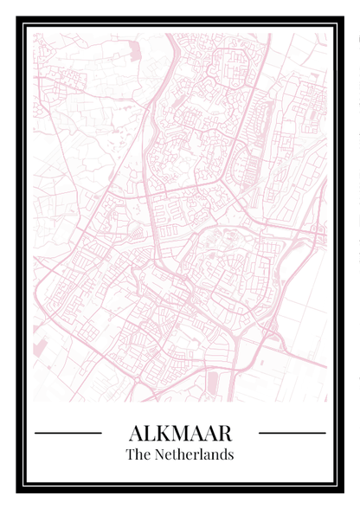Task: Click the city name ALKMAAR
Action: pos(180,432)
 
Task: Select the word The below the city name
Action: pos(137,454)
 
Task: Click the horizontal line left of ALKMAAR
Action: pos(68,432)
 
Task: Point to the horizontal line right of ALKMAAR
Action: pos(292,432)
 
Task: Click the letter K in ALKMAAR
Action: pos(162,432)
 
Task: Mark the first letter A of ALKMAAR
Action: pos(134,432)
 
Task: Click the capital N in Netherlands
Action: pos(157,454)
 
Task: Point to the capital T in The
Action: pos(130,454)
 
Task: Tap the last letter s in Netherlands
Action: pos(231,454)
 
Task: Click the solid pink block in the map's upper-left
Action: pos(134,51)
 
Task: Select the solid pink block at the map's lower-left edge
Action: pos(39,347)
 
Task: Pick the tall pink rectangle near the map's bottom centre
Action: pos(213,381)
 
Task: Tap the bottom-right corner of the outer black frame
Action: pos(342,491)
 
